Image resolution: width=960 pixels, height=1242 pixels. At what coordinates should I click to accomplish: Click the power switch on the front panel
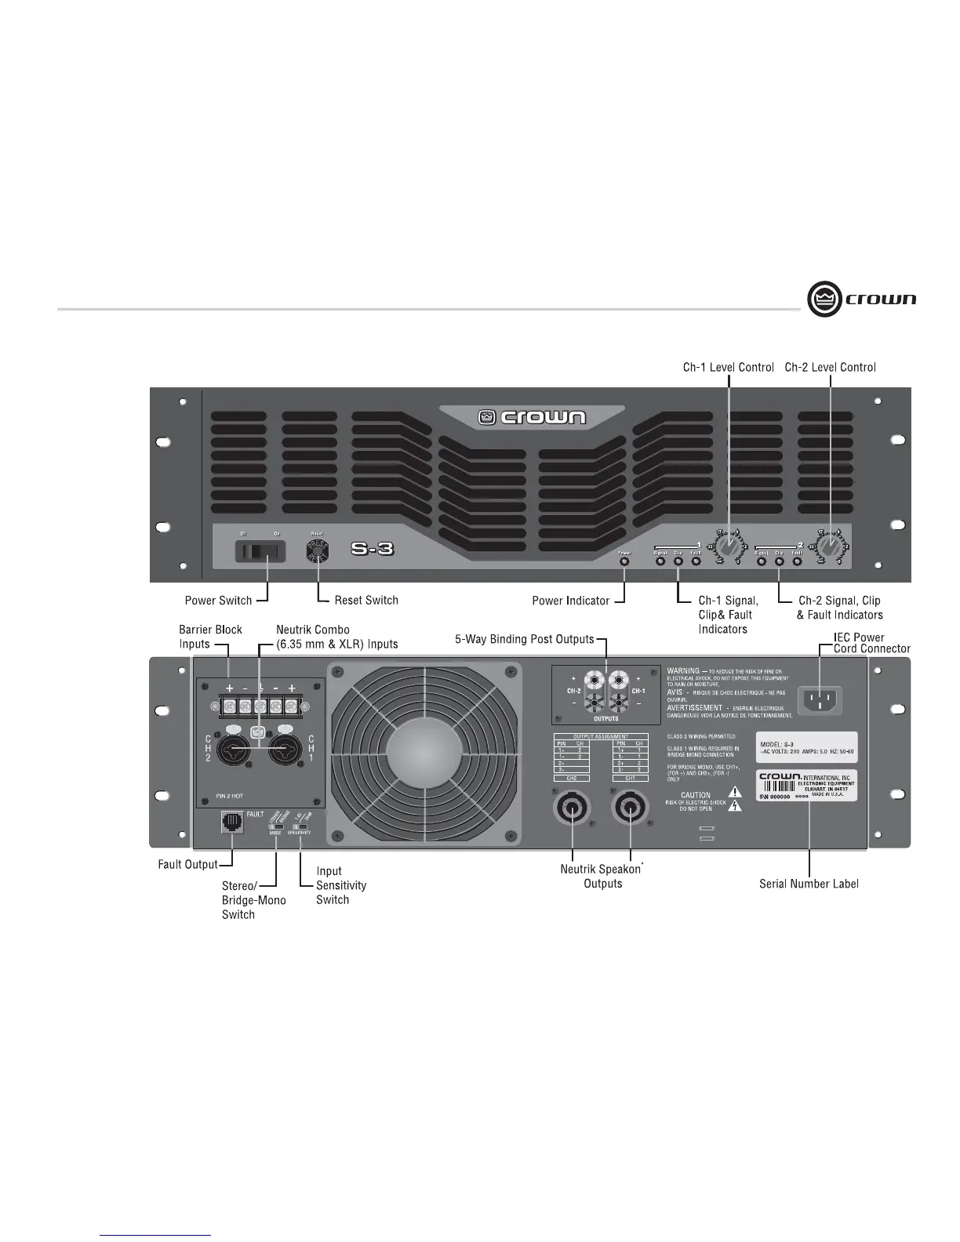[257, 552]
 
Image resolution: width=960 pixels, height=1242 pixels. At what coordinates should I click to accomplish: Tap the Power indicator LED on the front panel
[624, 561]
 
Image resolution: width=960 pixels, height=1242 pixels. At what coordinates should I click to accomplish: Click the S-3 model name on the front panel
[372, 549]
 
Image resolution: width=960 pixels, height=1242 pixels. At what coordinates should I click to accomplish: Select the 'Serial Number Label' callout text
[809, 884]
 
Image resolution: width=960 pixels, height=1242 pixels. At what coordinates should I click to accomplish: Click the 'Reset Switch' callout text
[366, 601]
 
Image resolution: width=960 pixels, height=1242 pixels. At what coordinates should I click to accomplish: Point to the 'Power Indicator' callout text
[570, 601]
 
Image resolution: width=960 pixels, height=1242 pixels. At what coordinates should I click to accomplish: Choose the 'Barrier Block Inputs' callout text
[210, 637]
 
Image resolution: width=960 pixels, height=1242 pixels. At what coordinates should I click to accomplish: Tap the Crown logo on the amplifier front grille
[533, 417]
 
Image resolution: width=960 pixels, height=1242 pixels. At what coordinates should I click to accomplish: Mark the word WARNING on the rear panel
[683, 671]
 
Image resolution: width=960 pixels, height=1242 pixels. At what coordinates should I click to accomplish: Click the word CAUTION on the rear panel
[696, 795]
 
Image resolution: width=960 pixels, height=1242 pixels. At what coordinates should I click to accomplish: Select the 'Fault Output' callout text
[188, 865]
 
